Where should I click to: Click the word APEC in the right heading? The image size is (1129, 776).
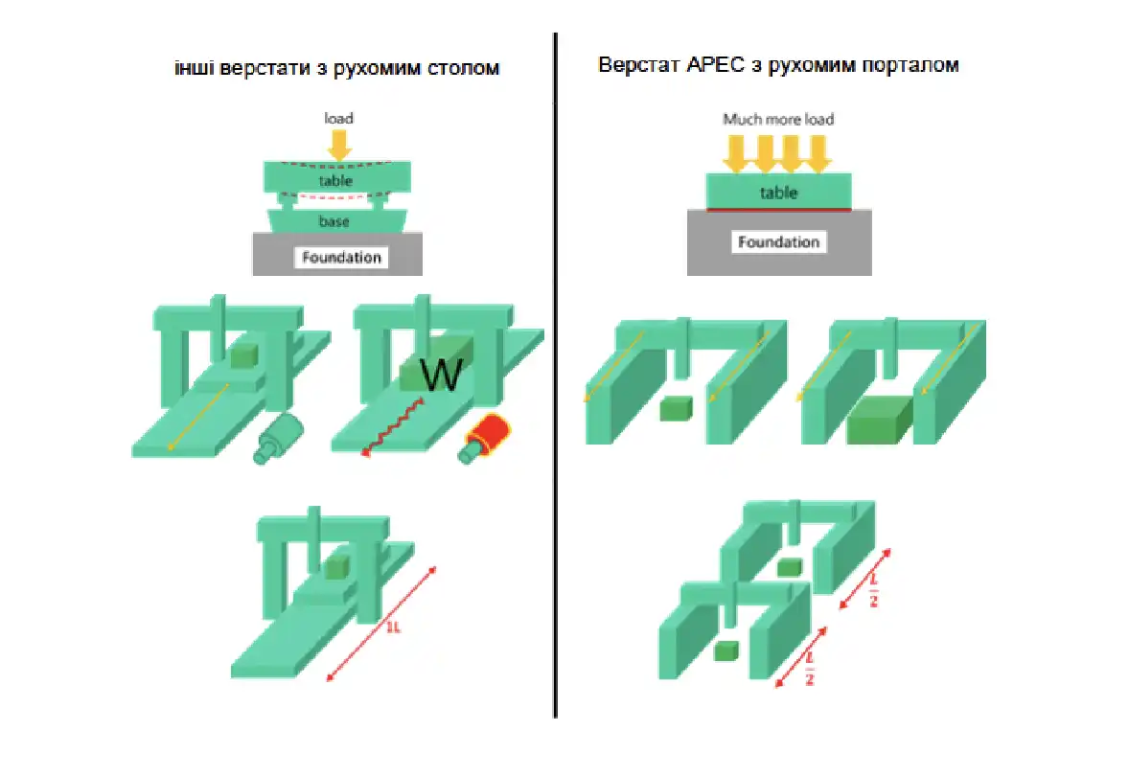pos(715,65)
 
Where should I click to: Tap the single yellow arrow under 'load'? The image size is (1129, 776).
pos(339,144)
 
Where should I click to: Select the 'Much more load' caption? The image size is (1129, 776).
pos(778,120)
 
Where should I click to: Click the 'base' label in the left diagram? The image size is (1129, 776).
pos(334,221)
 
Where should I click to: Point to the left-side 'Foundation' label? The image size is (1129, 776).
pos(341,257)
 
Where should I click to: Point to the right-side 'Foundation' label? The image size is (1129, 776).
pos(778,241)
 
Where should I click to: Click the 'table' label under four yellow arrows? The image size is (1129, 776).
pos(778,193)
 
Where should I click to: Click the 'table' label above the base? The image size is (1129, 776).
pos(335,180)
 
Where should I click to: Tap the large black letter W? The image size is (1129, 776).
pos(441,375)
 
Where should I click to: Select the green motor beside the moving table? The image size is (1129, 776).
pos(279,439)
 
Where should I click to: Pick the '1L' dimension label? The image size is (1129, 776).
pos(393,627)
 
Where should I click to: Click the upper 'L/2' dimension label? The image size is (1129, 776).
pos(874,589)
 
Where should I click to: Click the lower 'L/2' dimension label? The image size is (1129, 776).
pos(809,669)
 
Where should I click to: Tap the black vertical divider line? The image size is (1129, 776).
pos(555,375)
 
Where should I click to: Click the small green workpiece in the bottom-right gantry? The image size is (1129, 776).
pos(726,650)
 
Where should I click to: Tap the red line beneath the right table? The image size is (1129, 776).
pos(779,210)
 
